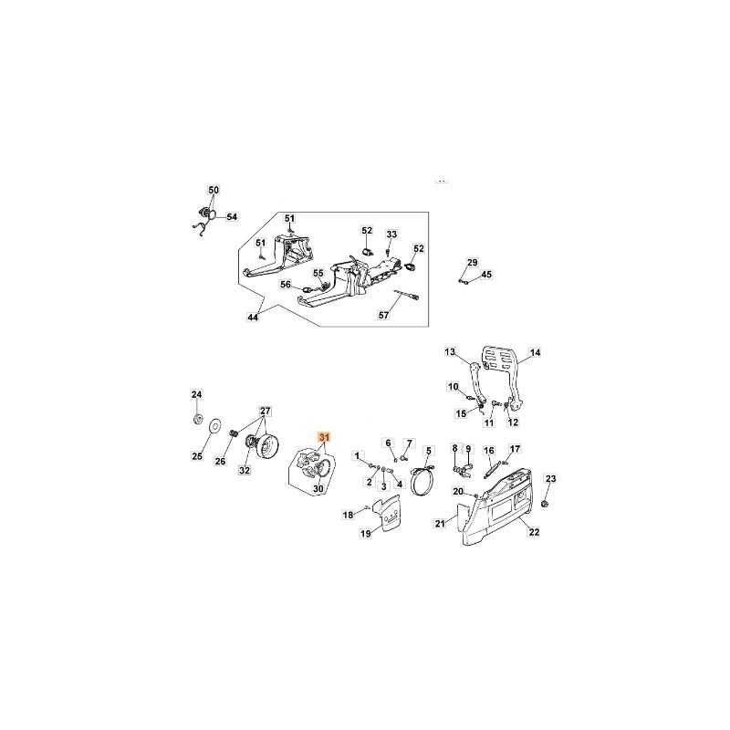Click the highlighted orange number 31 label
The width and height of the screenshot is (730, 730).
click(324, 437)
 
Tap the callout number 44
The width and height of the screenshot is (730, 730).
click(253, 317)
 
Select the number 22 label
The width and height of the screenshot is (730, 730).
click(534, 532)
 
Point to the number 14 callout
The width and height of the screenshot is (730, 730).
click(536, 352)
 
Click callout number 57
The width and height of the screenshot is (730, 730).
click(383, 315)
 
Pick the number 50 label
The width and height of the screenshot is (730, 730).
click(214, 190)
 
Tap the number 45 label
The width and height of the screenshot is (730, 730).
click(486, 275)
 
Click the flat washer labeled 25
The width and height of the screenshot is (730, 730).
click(215, 425)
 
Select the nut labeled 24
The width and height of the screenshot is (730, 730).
click(197, 418)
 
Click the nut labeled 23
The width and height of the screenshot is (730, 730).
click(547, 503)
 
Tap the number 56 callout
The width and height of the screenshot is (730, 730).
click(286, 285)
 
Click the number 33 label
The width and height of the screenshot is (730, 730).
click(392, 235)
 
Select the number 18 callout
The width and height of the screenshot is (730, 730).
click(348, 515)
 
